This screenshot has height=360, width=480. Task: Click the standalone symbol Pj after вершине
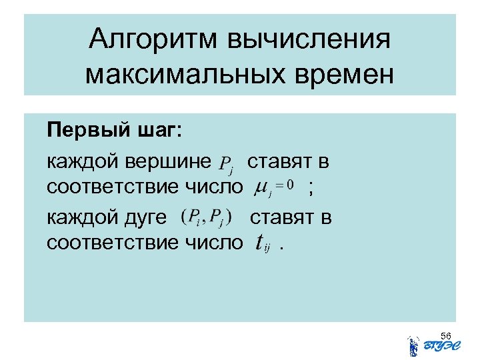[225, 163]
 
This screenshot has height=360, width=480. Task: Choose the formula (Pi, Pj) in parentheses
[207, 218]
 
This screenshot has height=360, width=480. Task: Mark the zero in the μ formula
[290, 187]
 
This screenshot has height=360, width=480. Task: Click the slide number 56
[446, 335]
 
